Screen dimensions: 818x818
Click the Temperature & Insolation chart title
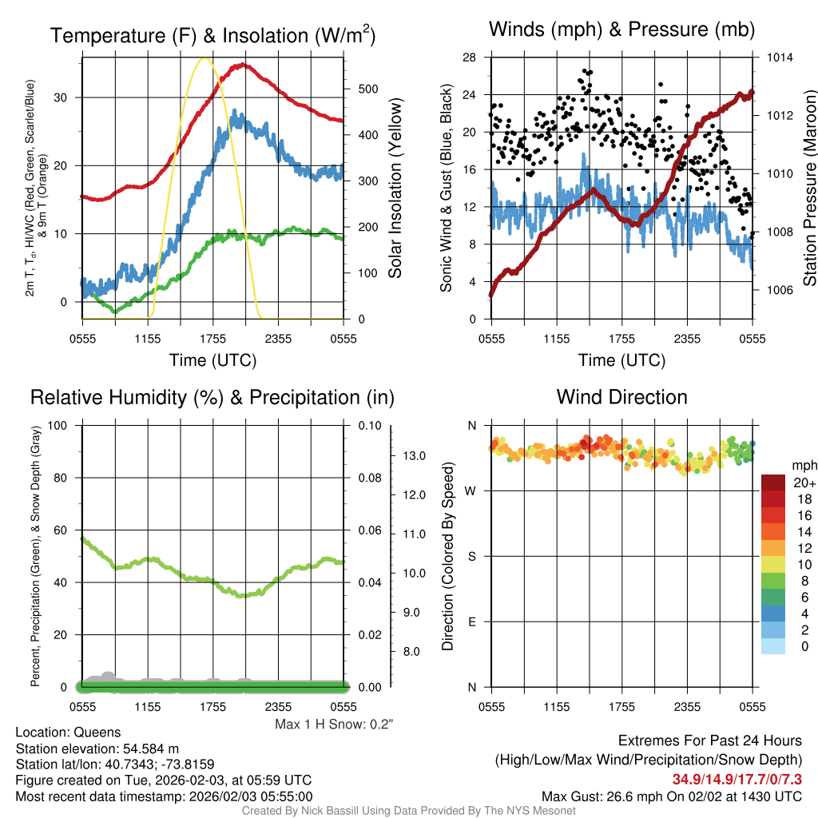tap(212, 35)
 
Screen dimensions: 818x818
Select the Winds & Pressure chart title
tap(621, 30)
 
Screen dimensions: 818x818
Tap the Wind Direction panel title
tap(621, 397)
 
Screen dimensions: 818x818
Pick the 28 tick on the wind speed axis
tap(470, 58)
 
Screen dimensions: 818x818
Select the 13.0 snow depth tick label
tap(410, 456)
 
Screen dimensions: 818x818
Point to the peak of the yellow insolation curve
tap(204, 58)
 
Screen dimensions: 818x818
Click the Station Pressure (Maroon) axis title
tap(809, 189)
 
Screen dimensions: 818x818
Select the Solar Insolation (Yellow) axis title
tap(395, 189)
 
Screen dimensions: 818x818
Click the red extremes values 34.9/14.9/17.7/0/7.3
tap(737, 779)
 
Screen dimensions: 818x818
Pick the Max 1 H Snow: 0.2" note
tap(334, 725)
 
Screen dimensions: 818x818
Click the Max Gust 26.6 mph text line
tap(671, 796)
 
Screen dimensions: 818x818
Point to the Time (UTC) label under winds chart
tap(621, 360)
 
